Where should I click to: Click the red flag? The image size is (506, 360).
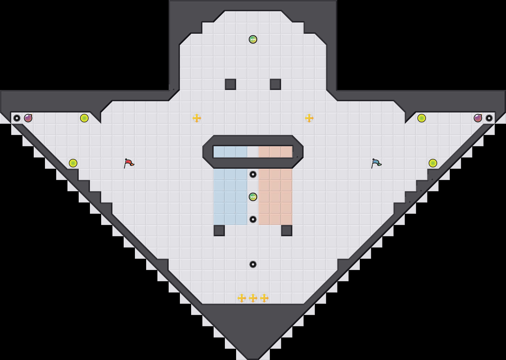[129, 163]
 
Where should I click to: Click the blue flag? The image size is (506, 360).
[376, 163]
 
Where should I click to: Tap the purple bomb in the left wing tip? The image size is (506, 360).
[28, 118]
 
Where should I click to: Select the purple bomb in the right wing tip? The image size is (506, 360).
[478, 118]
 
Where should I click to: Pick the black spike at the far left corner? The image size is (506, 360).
[17, 118]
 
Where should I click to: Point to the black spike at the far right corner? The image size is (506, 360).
[489, 118]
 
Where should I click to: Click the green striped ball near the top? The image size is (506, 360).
[253, 39]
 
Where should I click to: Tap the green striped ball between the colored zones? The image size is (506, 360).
[253, 197]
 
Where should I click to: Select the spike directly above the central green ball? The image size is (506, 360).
[253, 174]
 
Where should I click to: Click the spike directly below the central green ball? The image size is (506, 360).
[253, 219]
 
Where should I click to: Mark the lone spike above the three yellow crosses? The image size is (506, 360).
[253, 264]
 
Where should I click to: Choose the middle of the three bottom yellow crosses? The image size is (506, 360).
[253, 298]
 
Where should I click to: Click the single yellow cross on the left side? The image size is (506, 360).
[197, 118]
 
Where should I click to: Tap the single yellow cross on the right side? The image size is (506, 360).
[309, 118]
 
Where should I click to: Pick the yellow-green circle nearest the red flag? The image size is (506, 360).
[73, 163]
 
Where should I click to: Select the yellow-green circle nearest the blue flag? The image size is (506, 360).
[433, 163]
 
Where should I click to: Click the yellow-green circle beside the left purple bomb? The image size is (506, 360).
[84, 118]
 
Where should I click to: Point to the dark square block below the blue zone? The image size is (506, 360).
[219, 231]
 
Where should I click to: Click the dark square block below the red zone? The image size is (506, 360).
[287, 231]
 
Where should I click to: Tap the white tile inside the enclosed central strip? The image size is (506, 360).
[253, 152]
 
